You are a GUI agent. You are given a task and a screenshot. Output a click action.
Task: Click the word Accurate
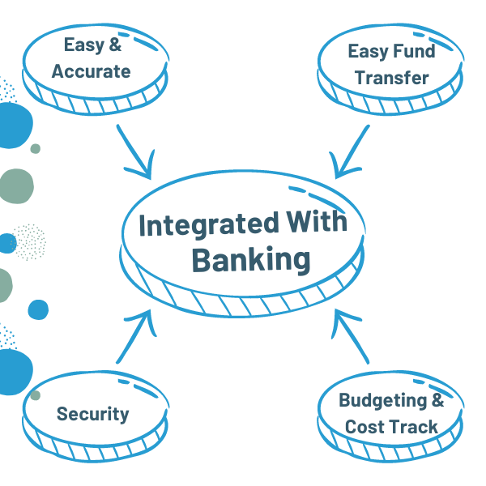coord(91,71)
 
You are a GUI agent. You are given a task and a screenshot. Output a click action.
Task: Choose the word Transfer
coord(391,79)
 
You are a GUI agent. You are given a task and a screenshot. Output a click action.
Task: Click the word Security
coord(92,414)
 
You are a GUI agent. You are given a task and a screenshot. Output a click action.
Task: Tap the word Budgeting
coord(381,400)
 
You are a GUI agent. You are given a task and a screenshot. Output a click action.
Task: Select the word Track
coord(413,427)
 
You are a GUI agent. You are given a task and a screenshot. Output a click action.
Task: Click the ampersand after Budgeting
coord(437,400)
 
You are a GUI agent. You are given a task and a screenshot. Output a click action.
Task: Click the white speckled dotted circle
coord(29,241)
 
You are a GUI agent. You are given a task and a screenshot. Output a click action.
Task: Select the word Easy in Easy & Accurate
coord(83,46)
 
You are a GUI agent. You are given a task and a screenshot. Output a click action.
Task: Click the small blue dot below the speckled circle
coord(38,309)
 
